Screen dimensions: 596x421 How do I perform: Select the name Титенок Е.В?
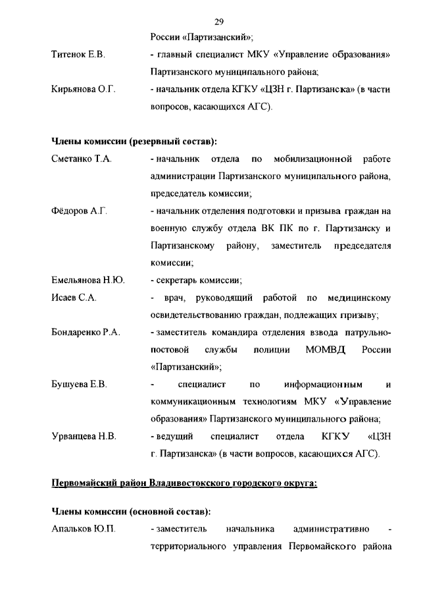pyautogui.click(x=78, y=53)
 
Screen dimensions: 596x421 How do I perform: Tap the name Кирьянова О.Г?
pyautogui.click(x=84, y=90)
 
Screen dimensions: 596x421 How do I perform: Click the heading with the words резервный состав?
pyautogui.click(x=134, y=142)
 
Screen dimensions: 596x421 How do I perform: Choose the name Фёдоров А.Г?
pyautogui.click(x=79, y=211)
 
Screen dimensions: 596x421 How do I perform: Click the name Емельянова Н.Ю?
pyautogui.click(x=88, y=280)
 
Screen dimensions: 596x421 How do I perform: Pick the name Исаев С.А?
pyautogui.click(x=74, y=298)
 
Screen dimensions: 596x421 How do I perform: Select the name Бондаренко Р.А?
pyautogui.click(x=86, y=332)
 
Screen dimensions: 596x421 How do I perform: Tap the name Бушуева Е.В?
pyautogui.click(x=79, y=383)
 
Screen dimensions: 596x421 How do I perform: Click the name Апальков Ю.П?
pyautogui.click(x=84, y=528)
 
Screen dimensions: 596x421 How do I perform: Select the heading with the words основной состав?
pyautogui.click(x=132, y=511)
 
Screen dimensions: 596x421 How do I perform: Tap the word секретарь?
pyautogui.click(x=177, y=280)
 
